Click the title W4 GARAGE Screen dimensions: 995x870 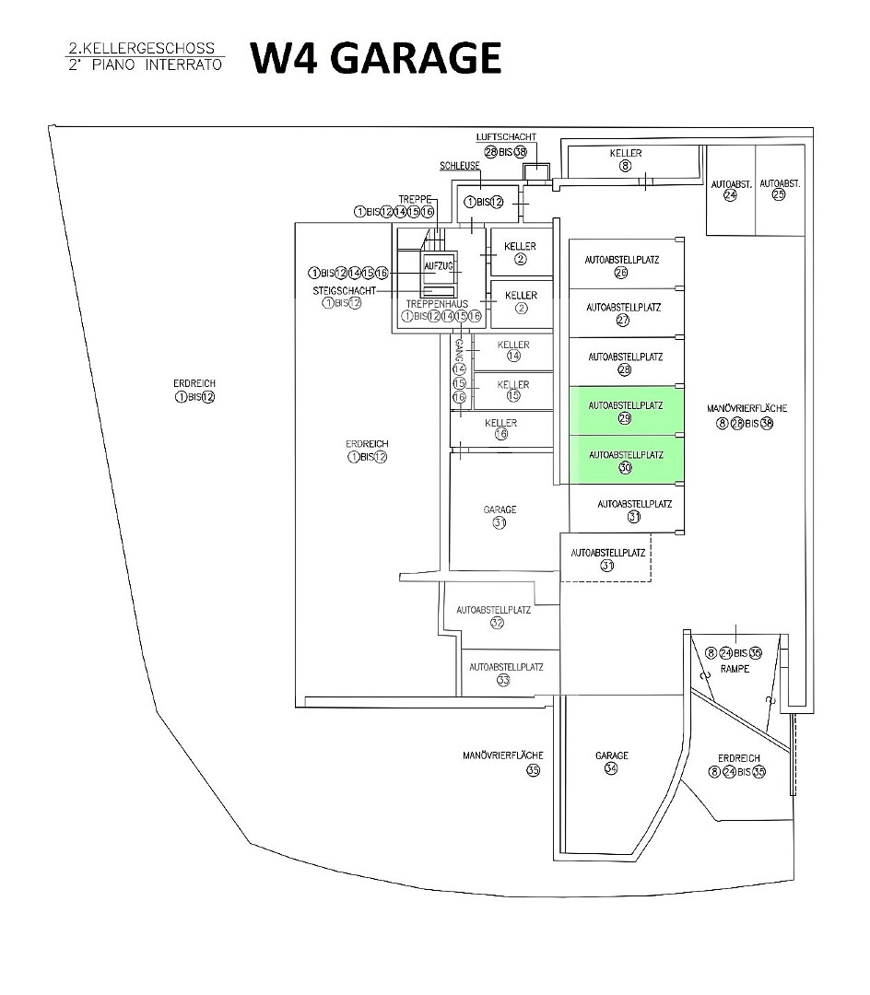coord(376,57)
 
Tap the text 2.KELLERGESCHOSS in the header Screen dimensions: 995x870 coord(142,48)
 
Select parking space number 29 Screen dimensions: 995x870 coord(626,411)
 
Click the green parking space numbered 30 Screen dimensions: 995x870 coord(626,461)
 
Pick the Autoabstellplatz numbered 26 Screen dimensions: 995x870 coord(621,265)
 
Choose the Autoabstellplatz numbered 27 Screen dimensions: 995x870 coord(623,313)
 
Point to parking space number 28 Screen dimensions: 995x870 coord(625,362)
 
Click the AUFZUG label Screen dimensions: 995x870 coord(438,265)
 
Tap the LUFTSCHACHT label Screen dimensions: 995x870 coord(506,136)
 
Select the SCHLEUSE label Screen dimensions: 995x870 coord(459,167)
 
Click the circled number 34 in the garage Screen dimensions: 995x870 coord(611,769)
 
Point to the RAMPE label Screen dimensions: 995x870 coord(735,669)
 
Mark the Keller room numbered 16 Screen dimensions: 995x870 coord(500,428)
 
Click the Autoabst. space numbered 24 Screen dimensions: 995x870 coord(731,190)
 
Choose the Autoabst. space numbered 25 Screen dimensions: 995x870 coord(780,190)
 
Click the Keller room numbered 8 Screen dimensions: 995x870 coord(625,159)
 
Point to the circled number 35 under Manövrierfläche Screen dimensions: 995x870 coord(533,770)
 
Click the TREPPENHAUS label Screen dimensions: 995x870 coord(437,303)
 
